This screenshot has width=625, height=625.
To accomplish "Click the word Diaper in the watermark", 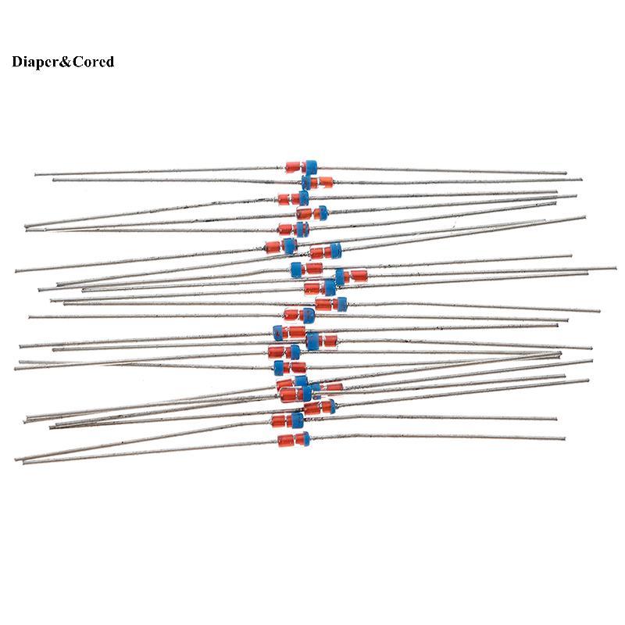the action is pyautogui.click(x=35, y=62).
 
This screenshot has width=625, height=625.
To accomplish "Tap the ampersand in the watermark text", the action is pyautogui.click(x=66, y=62).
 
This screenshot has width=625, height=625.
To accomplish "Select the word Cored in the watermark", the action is pyautogui.click(x=93, y=62).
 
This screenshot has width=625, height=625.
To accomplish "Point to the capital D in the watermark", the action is pyautogui.click(x=17, y=62).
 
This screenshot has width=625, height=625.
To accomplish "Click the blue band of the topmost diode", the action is pyautogui.click(x=311, y=166).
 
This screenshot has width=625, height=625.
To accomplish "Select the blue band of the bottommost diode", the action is pyautogui.click(x=305, y=438).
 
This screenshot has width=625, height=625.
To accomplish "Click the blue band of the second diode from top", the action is pyautogui.click(x=306, y=182).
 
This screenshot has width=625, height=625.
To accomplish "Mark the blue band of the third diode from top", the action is pyautogui.click(x=303, y=198).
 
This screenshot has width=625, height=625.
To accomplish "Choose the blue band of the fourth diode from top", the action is pyautogui.click(x=322, y=212).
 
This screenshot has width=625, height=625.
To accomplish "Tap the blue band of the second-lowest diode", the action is pyautogui.click(x=298, y=420).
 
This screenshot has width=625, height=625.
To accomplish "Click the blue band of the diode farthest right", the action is pyautogui.click(x=340, y=276).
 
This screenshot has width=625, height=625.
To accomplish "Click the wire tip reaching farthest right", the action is pyautogui.click(x=616, y=269).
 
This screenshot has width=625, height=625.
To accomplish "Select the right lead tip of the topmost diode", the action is pyautogui.click(x=565, y=173).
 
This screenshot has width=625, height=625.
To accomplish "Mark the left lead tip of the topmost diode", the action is pyautogui.click(x=36, y=174).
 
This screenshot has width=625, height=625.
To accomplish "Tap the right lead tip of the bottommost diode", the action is pyautogui.click(x=563, y=439).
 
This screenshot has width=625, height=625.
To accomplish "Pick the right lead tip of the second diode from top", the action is pyautogui.click(x=580, y=180).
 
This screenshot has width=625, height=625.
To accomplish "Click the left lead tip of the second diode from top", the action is pyautogui.click(x=54, y=180).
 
